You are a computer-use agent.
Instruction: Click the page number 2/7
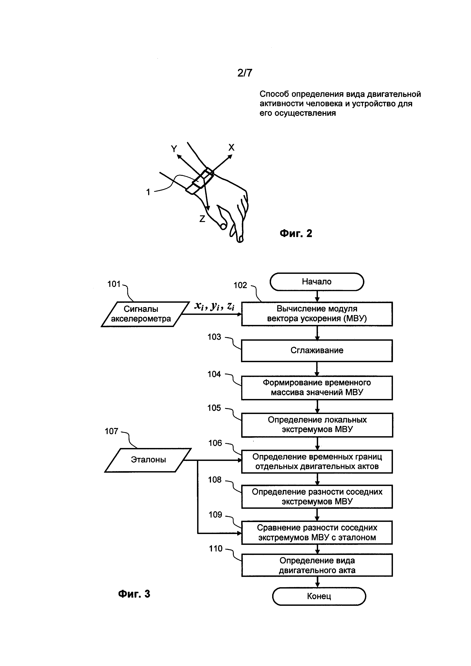(245, 73)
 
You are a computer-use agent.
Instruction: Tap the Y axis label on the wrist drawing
(174, 149)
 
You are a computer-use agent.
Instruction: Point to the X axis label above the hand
(231, 147)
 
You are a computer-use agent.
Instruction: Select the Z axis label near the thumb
(202, 219)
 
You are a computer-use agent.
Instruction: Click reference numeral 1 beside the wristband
(148, 192)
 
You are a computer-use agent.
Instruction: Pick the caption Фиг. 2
(296, 234)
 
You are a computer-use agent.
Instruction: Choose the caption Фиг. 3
(134, 594)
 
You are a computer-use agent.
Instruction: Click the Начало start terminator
(317, 282)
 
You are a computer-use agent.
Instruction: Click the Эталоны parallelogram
(148, 460)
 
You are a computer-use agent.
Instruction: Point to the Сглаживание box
(317, 350)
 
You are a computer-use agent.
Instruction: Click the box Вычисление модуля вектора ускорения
(317, 314)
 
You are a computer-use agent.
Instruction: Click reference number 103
(214, 337)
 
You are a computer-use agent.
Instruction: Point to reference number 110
(216, 548)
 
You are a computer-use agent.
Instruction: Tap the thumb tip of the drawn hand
(223, 226)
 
